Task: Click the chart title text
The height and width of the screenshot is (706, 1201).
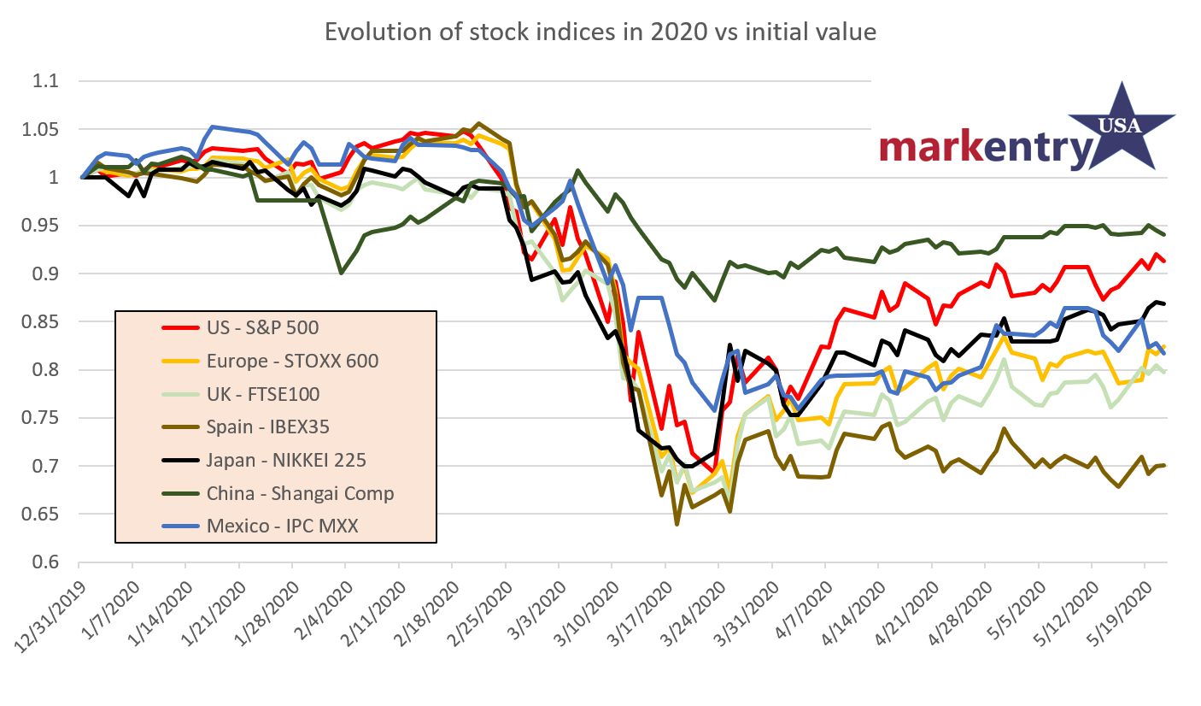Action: point(600,33)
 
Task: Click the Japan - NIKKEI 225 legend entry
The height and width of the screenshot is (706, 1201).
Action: point(286,460)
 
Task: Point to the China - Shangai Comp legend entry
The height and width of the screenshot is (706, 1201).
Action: point(300,493)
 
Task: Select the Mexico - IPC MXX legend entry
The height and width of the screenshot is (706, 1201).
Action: point(282,526)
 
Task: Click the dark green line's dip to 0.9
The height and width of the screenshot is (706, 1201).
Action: point(343,271)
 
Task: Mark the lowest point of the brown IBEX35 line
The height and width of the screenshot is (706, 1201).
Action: point(677,524)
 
